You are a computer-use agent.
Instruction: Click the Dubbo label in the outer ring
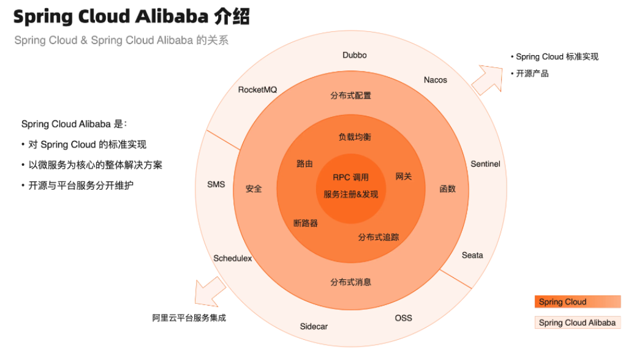click(x=355, y=55)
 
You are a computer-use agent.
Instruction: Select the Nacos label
click(x=436, y=80)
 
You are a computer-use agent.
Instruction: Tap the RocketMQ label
click(x=257, y=90)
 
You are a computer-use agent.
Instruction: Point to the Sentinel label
click(x=485, y=164)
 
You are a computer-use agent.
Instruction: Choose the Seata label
click(x=472, y=255)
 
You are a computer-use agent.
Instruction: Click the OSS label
click(x=403, y=318)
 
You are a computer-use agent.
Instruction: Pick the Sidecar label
click(x=314, y=326)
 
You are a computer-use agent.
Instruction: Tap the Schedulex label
click(x=233, y=258)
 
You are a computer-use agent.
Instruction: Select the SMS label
click(x=216, y=184)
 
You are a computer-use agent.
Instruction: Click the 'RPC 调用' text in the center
click(x=351, y=178)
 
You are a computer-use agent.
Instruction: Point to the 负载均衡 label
click(x=355, y=137)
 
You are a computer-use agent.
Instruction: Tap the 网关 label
click(x=404, y=176)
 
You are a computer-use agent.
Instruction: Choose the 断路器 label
click(x=306, y=223)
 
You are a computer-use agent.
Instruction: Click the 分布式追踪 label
click(x=379, y=237)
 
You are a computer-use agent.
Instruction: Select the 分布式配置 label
click(x=350, y=96)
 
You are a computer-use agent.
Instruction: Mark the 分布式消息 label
click(x=350, y=282)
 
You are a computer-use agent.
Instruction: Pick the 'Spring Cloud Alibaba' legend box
click(x=577, y=323)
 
